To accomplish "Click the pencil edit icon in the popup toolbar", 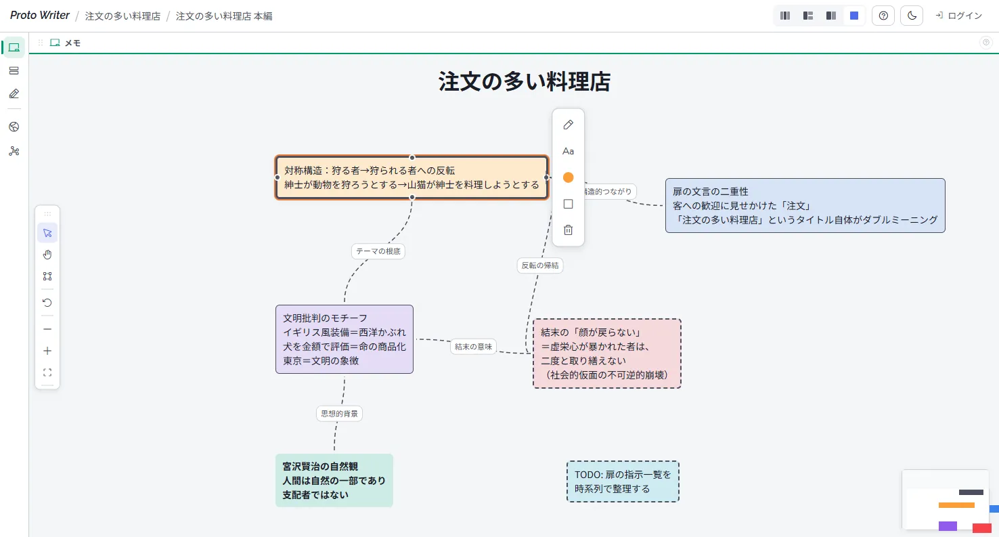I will (x=568, y=125).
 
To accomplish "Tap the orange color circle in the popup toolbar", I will (x=568, y=177).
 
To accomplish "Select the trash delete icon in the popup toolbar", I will (x=568, y=230).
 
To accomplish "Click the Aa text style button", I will (x=568, y=151).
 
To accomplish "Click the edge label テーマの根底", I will (x=378, y=251).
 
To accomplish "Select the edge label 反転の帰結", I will (x=539, y=265).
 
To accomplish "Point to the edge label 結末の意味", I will (x=474, y=347).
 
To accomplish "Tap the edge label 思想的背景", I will (x=339, y=413).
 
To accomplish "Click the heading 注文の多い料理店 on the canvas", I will (x=524, y=82).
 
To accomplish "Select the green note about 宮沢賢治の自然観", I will (x=334, y=480).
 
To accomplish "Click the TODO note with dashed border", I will (x=622, y=481).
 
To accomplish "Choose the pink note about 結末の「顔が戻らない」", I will (x=606, y=353).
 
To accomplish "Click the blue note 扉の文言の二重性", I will (x=805, y=205).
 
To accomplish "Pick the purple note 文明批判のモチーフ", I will (x=344, y=339).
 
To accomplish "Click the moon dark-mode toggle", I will (x=912, y=16).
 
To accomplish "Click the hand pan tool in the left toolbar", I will (x=47, y=255).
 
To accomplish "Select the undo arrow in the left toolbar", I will (x=47, y=303).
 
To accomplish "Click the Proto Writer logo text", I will (x=40, y=16).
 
